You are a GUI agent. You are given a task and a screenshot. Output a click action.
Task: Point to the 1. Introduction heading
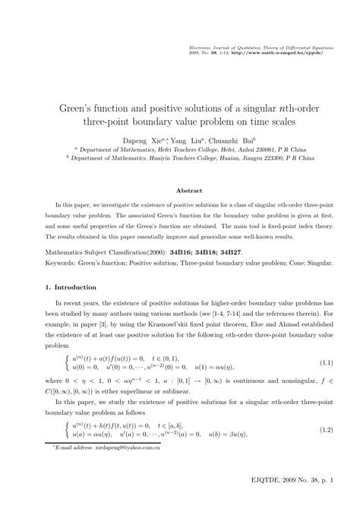(x=69, y=267)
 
